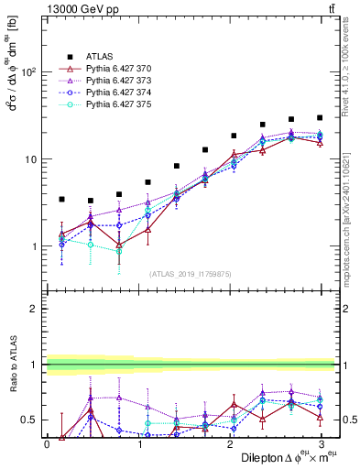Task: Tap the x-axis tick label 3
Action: tap(321, 444)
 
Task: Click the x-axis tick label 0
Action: tap(47, 444)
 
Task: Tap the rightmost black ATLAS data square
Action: tap(320, 118)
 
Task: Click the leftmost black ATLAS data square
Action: tap(61, 199)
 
